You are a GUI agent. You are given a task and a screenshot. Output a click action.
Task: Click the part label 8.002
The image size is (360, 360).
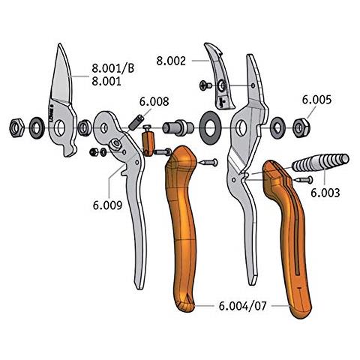click(171, 61)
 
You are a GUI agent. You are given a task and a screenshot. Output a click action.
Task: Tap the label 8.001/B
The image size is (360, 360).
click(113, 68)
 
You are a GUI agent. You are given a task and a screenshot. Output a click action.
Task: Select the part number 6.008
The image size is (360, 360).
click(154, 101)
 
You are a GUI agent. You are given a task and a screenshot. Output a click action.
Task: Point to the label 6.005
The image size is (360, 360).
click(316, 100)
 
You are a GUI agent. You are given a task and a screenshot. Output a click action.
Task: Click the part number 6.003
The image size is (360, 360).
click(325, 193)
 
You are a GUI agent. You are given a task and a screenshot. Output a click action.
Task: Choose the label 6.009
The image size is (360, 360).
click(107, 205)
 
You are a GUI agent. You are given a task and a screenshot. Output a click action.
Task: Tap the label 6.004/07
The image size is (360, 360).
click(242, 306)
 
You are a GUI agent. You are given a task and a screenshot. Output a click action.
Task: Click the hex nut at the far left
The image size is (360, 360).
click(16, 128)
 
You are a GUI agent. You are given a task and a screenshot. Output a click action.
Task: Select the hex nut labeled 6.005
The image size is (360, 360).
click(301, 127)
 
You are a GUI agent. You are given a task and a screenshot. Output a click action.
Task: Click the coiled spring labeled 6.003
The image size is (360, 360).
click(320, 162)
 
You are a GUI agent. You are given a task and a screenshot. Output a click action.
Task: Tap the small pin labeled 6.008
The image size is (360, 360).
click(136, 122)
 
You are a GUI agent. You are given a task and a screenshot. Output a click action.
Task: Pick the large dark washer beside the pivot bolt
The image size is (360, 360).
click(210, 128)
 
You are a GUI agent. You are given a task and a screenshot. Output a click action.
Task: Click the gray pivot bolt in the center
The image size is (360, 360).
click(178, 127)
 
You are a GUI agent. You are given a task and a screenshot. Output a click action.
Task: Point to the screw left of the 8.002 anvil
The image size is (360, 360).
click(205, 85)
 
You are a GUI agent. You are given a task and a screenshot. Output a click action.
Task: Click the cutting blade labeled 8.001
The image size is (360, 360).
click(62, 100)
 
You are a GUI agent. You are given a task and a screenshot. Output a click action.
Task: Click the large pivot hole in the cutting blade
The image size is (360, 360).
click(59, 128)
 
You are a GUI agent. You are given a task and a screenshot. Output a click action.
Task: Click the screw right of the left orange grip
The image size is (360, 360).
click(208, 163)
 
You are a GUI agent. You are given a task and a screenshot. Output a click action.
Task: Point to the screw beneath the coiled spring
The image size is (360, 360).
click(303, 179)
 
